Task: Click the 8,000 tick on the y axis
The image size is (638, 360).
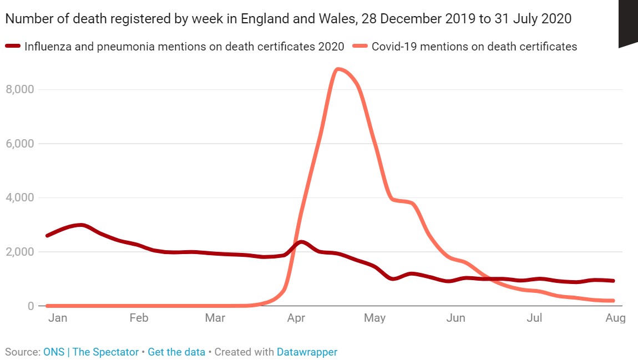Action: pos(20,89)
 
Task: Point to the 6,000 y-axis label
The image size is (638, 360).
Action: pos(20,144)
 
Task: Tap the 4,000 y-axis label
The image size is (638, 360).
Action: pos(20,197)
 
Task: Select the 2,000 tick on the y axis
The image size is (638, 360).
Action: pos(20,252)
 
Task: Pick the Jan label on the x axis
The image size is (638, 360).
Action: pos(57,318)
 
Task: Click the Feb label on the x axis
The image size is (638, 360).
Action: pos(139,318)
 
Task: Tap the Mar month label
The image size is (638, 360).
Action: pos(215,318)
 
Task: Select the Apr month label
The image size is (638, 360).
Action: pos(297,318)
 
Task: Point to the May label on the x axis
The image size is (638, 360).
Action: pos(374,318)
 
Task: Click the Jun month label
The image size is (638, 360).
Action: pos(456,318)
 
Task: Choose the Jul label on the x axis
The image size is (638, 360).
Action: pos(534,318)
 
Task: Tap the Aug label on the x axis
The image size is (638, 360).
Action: pos(615,318)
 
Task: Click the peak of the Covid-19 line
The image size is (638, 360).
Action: pos(338,69)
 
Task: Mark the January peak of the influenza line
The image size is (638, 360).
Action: pos(82,225)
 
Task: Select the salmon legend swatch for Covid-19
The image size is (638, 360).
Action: pos(361,47)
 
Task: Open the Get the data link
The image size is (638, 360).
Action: pos(176,352)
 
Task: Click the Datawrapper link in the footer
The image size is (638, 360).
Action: pos(307,352)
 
